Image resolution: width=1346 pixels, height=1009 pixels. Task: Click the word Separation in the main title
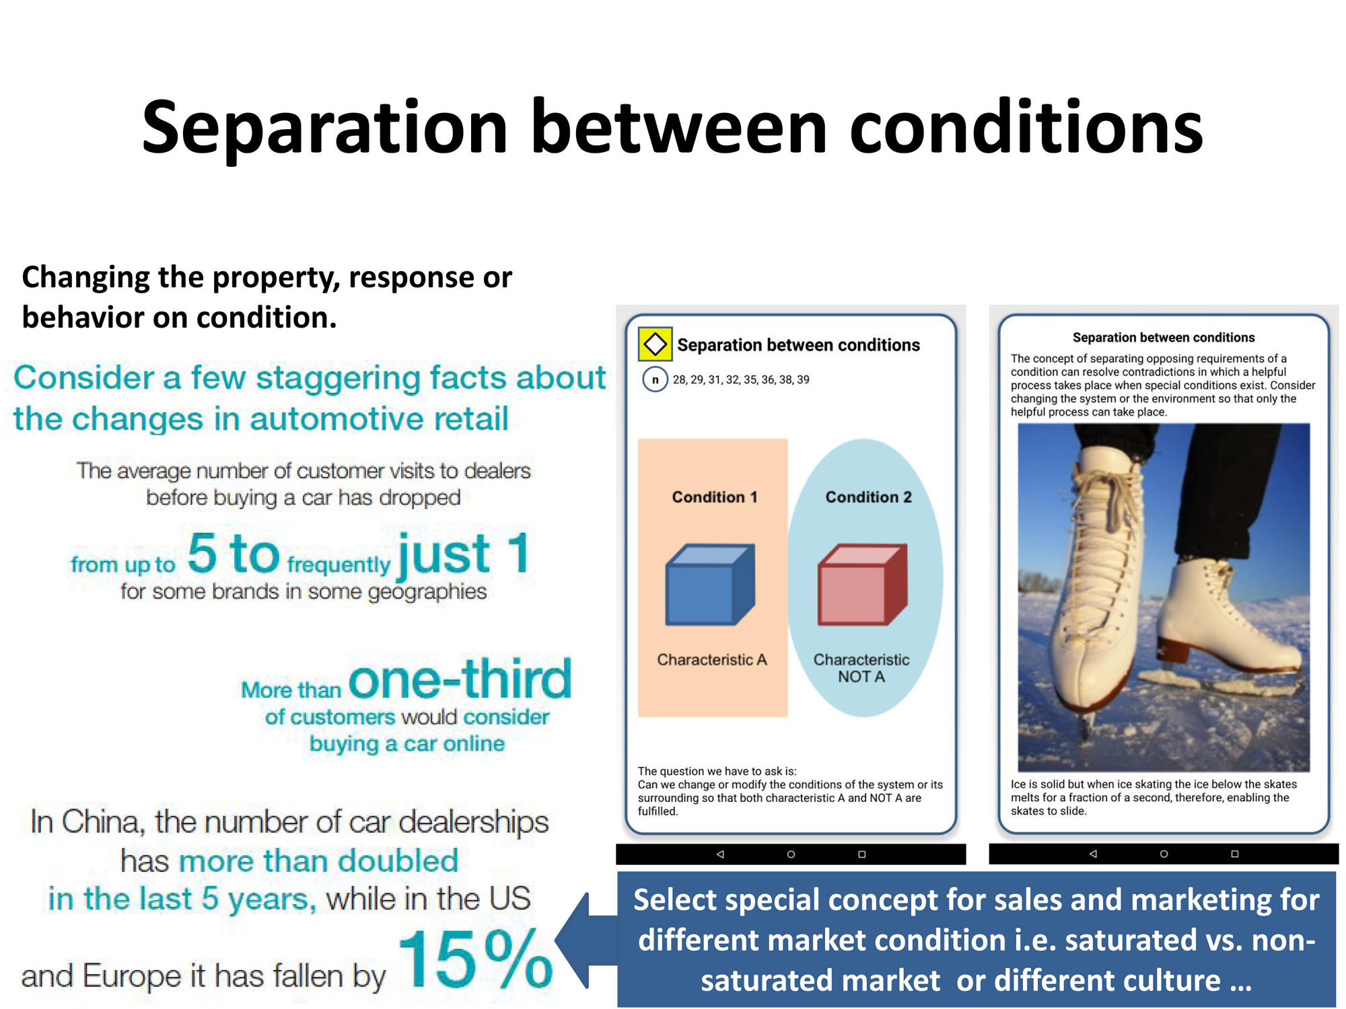324,128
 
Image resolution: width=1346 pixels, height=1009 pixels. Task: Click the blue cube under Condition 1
710,585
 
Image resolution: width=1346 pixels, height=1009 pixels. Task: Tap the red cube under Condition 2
862,585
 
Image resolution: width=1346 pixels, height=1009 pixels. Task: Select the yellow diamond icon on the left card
655,344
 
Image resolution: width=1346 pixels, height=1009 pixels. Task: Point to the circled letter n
655,379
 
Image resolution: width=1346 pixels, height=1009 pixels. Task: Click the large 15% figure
475,959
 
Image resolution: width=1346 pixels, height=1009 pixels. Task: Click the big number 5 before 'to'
202,553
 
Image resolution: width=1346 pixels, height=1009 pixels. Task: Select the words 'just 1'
464,554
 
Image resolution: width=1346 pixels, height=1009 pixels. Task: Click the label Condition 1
715,497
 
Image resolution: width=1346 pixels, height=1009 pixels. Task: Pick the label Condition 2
869,497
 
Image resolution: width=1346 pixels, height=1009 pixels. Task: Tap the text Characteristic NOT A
861,668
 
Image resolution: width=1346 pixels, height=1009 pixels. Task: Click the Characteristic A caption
712,660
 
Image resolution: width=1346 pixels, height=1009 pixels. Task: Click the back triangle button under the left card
720,854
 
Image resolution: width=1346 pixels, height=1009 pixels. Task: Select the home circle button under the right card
1164,854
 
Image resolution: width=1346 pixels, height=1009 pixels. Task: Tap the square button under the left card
861,854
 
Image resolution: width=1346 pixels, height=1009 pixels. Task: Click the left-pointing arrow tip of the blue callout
556,940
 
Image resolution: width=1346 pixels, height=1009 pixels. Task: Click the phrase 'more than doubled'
319,861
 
